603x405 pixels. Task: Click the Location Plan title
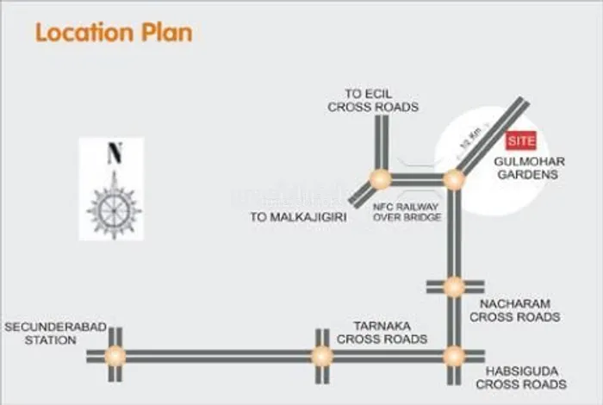pos(114,34)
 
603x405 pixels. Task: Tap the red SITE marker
pos(520,140)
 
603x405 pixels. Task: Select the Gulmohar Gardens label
pos(527,168)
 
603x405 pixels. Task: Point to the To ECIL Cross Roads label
pos(373,101)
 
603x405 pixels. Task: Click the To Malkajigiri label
pos(298,218)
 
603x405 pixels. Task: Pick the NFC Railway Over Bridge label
pos(407,213)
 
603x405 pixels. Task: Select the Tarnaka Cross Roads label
pos(382,333)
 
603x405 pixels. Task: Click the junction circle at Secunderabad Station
pos(115,355)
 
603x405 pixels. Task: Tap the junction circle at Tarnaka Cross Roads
pos(322,355)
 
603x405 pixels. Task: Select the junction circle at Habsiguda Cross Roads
pos(454,355)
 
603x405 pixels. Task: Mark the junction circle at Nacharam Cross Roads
pos(454,287)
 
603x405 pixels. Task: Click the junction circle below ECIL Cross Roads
pos(379,179)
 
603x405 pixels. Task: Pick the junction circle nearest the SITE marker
pos(454,179)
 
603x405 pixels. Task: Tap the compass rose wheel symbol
pos(113,208)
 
